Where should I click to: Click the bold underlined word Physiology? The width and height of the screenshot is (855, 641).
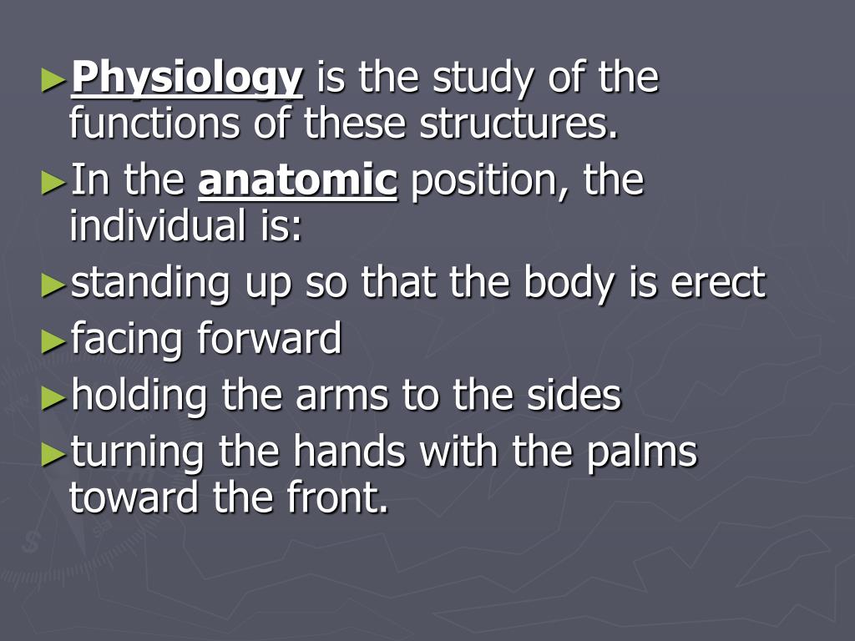[x=186, y=80]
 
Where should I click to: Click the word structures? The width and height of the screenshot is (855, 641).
[x=519, y=124]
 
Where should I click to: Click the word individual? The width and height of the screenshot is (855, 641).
[x=149, y=226]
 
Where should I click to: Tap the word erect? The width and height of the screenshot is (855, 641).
[x=717, y=284]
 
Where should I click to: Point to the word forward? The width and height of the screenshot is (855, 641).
[x=270, y=340]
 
